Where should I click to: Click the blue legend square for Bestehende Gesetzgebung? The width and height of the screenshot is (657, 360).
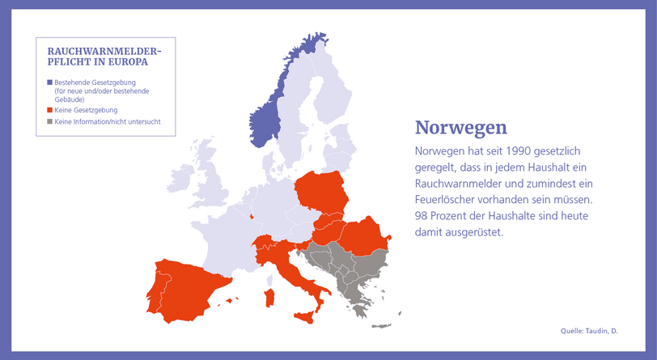pos(50,83)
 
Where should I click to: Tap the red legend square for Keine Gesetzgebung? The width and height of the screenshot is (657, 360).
pos(50,110)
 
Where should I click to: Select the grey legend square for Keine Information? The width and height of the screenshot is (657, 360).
pos(50,121)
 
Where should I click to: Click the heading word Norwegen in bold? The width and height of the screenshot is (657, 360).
pos(461,127)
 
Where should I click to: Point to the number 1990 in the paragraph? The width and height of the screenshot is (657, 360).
pos(518,150)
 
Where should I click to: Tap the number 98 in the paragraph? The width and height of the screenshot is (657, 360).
pos(421,216)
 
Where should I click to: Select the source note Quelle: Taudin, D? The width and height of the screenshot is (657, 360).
pos(589,331)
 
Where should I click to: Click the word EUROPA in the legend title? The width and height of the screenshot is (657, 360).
pos(128,62)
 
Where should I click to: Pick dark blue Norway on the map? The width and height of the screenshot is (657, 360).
pos(268,117)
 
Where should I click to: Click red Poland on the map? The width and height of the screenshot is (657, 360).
pos(322,192)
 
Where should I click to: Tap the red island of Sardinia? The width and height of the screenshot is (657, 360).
pos(270,298)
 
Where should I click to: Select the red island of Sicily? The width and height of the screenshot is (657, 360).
pos(304,317)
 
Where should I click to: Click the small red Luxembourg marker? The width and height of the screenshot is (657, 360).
pos(252,217)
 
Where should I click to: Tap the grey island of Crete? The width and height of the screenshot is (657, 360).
pos(381,326)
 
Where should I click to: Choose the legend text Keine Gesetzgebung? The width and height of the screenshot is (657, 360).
pos(86,110)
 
